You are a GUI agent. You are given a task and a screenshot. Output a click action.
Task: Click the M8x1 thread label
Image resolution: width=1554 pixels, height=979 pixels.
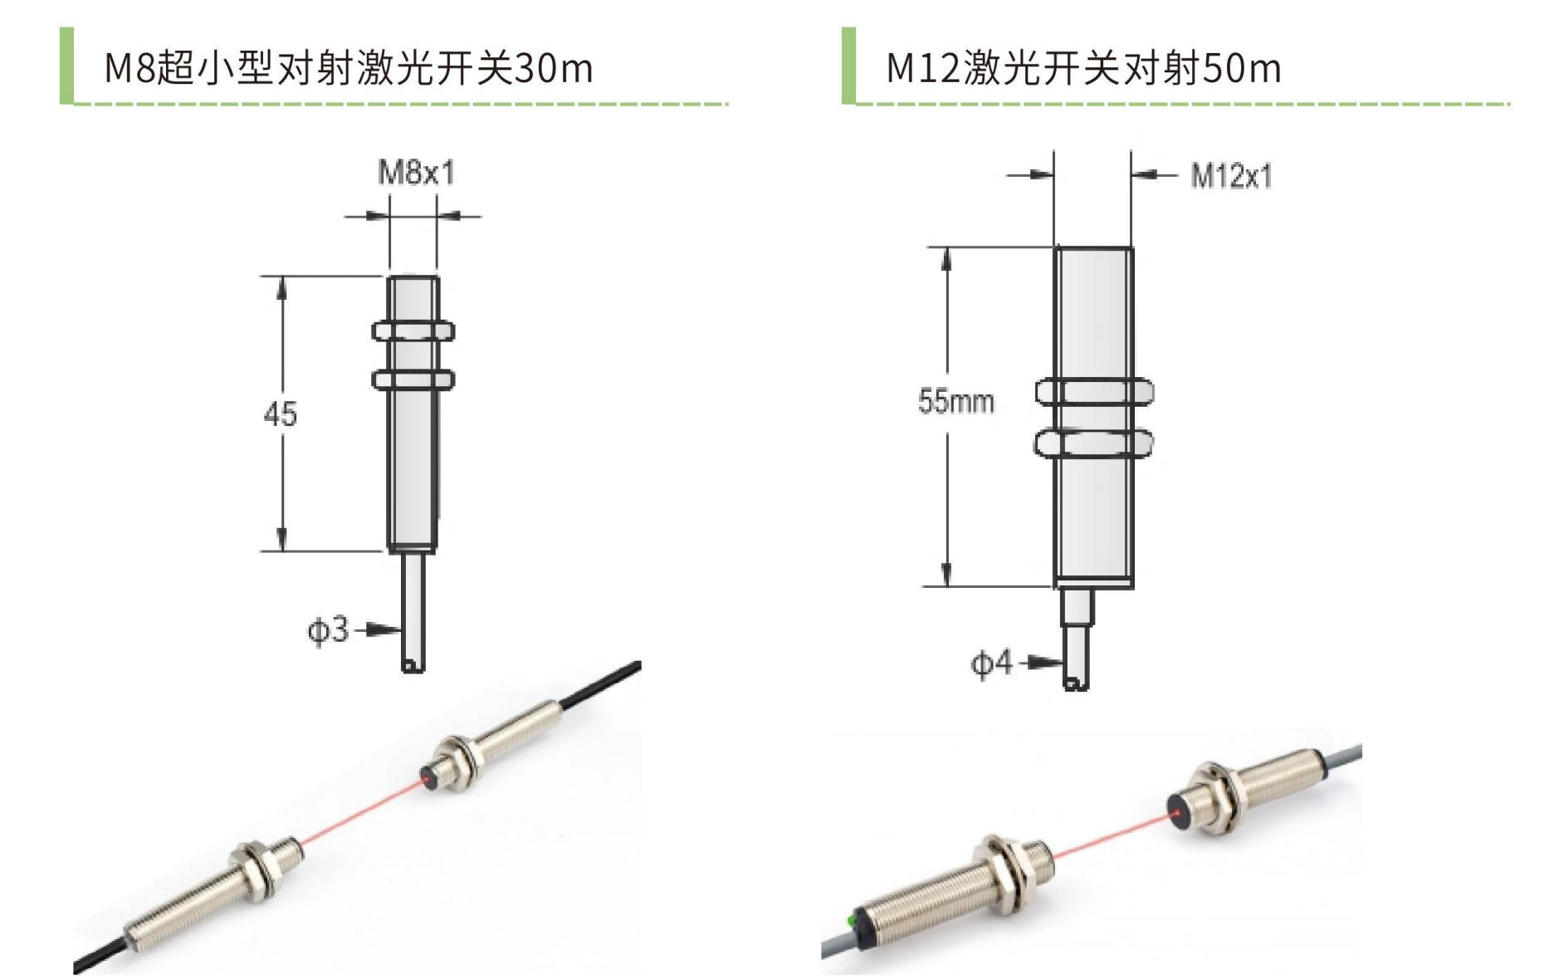pos(417,173)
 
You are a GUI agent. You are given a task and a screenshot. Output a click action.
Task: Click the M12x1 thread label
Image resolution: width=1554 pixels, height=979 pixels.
pos(1231,176)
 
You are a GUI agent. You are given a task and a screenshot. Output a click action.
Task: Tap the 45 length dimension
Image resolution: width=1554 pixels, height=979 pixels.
pos(280,414)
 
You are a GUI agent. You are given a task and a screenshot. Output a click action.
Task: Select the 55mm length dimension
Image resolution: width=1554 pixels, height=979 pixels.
pos(955,401)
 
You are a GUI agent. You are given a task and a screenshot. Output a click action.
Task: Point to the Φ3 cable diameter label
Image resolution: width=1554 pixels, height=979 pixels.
pos(328,630)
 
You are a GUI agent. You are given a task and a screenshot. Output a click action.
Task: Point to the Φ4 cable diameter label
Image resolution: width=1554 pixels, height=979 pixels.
pos(992,663)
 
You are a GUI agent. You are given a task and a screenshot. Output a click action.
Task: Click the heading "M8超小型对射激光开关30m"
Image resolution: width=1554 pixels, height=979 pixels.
pos(349,67)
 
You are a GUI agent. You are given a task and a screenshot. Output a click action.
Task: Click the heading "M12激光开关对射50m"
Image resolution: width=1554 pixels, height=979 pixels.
pos(1083,67)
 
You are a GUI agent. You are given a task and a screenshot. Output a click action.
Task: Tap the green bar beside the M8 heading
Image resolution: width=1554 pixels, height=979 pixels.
pos(66,66)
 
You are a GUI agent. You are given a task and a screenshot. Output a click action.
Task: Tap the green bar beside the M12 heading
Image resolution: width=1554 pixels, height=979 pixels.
pos(848,66)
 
